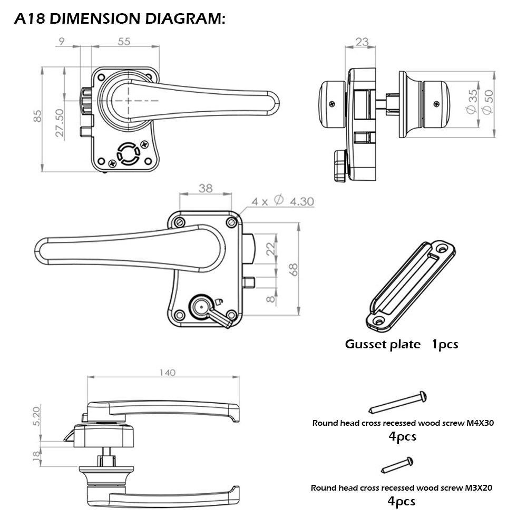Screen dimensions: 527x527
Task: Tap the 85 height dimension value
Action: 37,116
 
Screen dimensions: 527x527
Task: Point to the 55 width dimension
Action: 124,42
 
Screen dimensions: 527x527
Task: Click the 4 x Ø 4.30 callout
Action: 282,201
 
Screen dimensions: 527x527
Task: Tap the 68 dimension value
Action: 294,269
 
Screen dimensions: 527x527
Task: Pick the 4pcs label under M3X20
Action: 402,501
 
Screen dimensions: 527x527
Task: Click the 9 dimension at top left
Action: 62,42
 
